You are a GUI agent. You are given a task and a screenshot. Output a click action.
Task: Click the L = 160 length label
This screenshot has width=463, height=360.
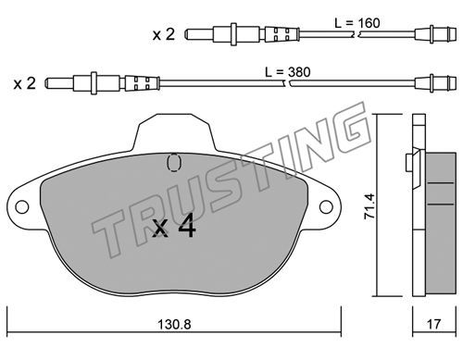pyautogui.click(x=357, y=23)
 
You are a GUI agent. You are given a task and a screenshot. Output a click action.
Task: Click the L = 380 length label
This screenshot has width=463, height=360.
pyautogui.click(x=288, y=72)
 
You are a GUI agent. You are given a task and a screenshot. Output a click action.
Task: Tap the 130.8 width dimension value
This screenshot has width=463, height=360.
pyautogui.click(x=174, y=324)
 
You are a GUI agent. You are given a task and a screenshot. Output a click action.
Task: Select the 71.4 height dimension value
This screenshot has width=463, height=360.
pyautogui.click(x=369, y=206)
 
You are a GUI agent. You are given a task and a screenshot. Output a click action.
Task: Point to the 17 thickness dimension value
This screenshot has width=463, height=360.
pyautogui.click(x=433, y=324)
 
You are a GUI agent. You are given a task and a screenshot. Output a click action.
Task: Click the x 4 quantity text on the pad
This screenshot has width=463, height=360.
pyautogui.click(x=174, y=226)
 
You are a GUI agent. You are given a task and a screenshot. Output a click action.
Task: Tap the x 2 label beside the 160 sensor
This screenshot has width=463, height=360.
pyautogui.click(x=164, y=34)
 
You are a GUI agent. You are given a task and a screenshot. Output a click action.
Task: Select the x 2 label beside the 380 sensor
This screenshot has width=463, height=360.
pyautogui.click(x=25, y=83)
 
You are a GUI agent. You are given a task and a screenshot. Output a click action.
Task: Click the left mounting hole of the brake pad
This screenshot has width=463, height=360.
pyautogui.click(x=21, y=207)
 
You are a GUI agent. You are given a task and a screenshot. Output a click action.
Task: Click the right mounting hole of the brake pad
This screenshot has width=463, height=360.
pyautogui.click(x=326, y=206)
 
